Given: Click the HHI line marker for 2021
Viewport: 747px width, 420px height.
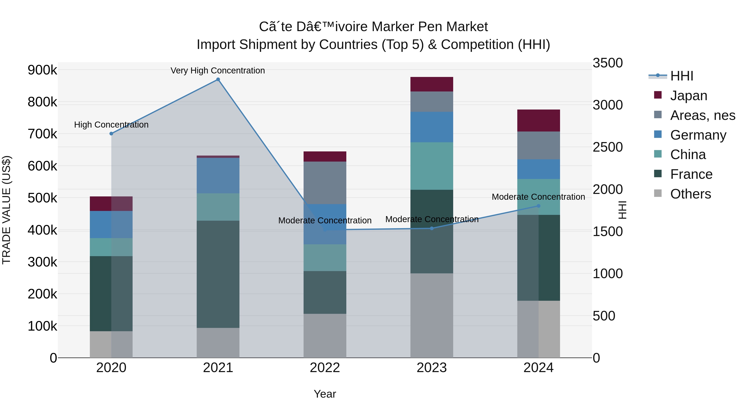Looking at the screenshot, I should tap(218, 79).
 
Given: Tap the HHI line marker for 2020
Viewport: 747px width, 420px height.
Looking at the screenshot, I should tap(111, 134).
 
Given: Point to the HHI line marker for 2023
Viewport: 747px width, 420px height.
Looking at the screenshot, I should tap(432, 228).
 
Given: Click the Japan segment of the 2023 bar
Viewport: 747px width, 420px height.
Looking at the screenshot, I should tap(432, 84).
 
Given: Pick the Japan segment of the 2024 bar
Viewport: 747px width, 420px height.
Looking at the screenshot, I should tap(538, 121).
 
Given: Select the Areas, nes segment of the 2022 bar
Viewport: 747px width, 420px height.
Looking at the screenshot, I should tap(325, 183).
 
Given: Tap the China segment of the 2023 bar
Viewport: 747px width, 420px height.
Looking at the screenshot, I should tap(432, 166).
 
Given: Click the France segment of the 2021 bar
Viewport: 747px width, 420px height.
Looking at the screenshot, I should tap(218, 274).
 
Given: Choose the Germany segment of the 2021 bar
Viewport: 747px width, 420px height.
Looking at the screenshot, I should tap(218, 176).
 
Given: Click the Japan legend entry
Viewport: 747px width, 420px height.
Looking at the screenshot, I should tap(688, 96).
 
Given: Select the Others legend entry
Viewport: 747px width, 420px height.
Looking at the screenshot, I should tap(690, 194).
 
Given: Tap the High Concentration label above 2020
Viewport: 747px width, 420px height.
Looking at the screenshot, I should tap(111, 125).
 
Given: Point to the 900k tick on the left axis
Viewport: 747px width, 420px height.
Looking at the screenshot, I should tap(42, 70).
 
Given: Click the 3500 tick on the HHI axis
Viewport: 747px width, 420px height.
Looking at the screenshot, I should tap(608, 63).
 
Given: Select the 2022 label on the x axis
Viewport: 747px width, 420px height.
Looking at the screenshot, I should tap(325, 368).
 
